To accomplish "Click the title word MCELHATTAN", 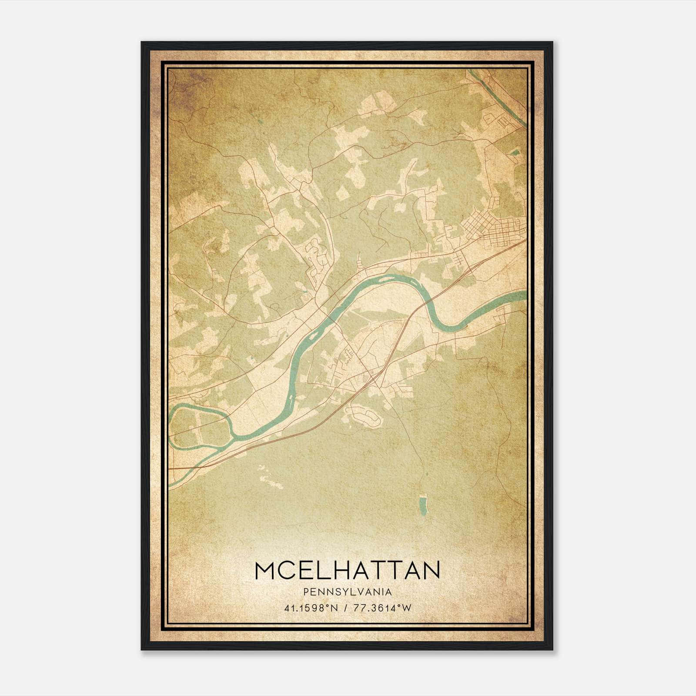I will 347,570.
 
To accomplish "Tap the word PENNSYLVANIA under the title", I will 347,592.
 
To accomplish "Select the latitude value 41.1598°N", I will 311,608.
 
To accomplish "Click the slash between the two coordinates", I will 345,608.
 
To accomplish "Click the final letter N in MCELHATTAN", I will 431,570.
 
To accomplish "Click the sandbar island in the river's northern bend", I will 383,278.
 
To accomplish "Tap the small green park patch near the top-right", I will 515,152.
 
